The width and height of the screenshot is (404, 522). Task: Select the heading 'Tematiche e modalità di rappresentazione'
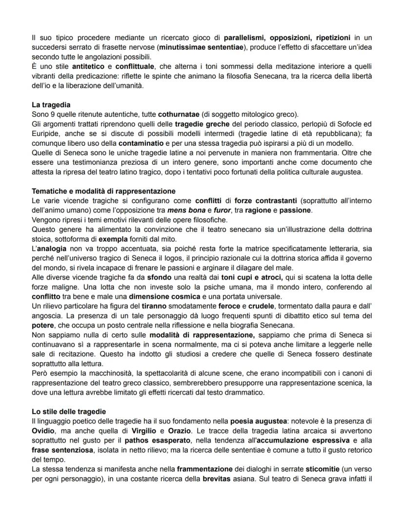coord(103,191)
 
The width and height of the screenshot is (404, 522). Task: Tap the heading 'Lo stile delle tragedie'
coord(68,411)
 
